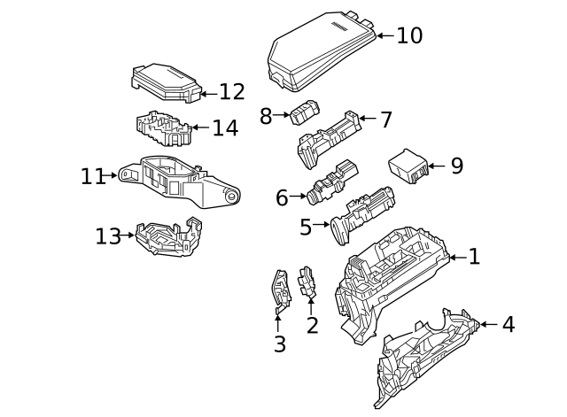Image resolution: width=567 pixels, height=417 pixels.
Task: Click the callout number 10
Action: tap(409, 35)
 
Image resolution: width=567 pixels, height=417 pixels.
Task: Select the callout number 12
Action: tap(232, 92)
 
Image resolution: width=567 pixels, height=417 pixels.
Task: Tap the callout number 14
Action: tap(225, 127)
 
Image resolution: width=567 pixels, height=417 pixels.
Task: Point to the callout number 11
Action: tap(93, 176)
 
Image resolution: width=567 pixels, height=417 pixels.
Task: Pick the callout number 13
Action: tap(108, 236)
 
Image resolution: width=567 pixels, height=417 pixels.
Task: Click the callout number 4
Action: tap(509, 324)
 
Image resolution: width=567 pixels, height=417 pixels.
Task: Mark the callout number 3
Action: tap(280, 344)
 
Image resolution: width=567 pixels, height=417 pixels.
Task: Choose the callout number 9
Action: tap(457, 166)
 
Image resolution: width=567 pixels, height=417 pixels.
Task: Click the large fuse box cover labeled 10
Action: tap(322, 50)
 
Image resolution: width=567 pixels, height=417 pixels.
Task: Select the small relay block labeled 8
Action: tap(306, 112)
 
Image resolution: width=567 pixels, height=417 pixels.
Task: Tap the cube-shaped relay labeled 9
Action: tap(408, 166)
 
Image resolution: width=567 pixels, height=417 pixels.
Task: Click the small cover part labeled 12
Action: tap(166, 83)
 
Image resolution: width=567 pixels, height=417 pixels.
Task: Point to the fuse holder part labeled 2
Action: tap(307, 282)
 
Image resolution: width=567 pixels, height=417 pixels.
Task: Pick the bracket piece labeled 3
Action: tap(281, 290)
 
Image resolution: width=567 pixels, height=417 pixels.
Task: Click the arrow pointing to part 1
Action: tap(459, 258)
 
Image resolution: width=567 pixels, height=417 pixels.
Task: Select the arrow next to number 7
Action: tap(368, 118)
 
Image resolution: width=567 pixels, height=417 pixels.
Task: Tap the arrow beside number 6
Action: tap(298, 197)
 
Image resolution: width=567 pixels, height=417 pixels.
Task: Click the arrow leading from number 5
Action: tap(322, 224)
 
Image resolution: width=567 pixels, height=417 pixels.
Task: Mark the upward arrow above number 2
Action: tap(311, 306)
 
